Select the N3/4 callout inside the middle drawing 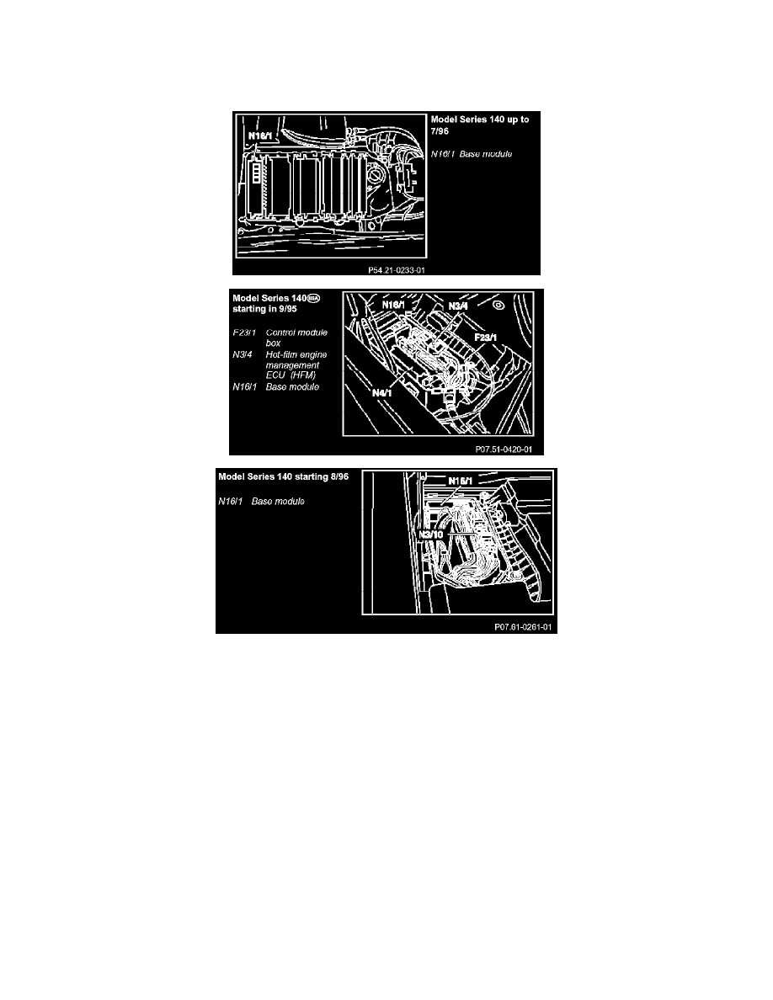point(459,306)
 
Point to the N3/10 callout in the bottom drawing point(433,534)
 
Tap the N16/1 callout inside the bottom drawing point(461,481)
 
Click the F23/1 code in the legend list point(245,333)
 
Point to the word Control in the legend point(284,333)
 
